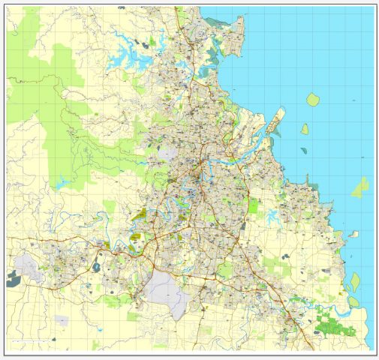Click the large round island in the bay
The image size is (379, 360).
[313, 99]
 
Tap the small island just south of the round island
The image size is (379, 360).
[305, 129]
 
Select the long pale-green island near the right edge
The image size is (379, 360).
[362, 186]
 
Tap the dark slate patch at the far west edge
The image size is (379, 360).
[14, 279]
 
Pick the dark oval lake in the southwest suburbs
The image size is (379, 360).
[98, 266]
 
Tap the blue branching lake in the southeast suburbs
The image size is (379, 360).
[271, 218]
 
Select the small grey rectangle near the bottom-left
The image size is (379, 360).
[61, 320]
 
